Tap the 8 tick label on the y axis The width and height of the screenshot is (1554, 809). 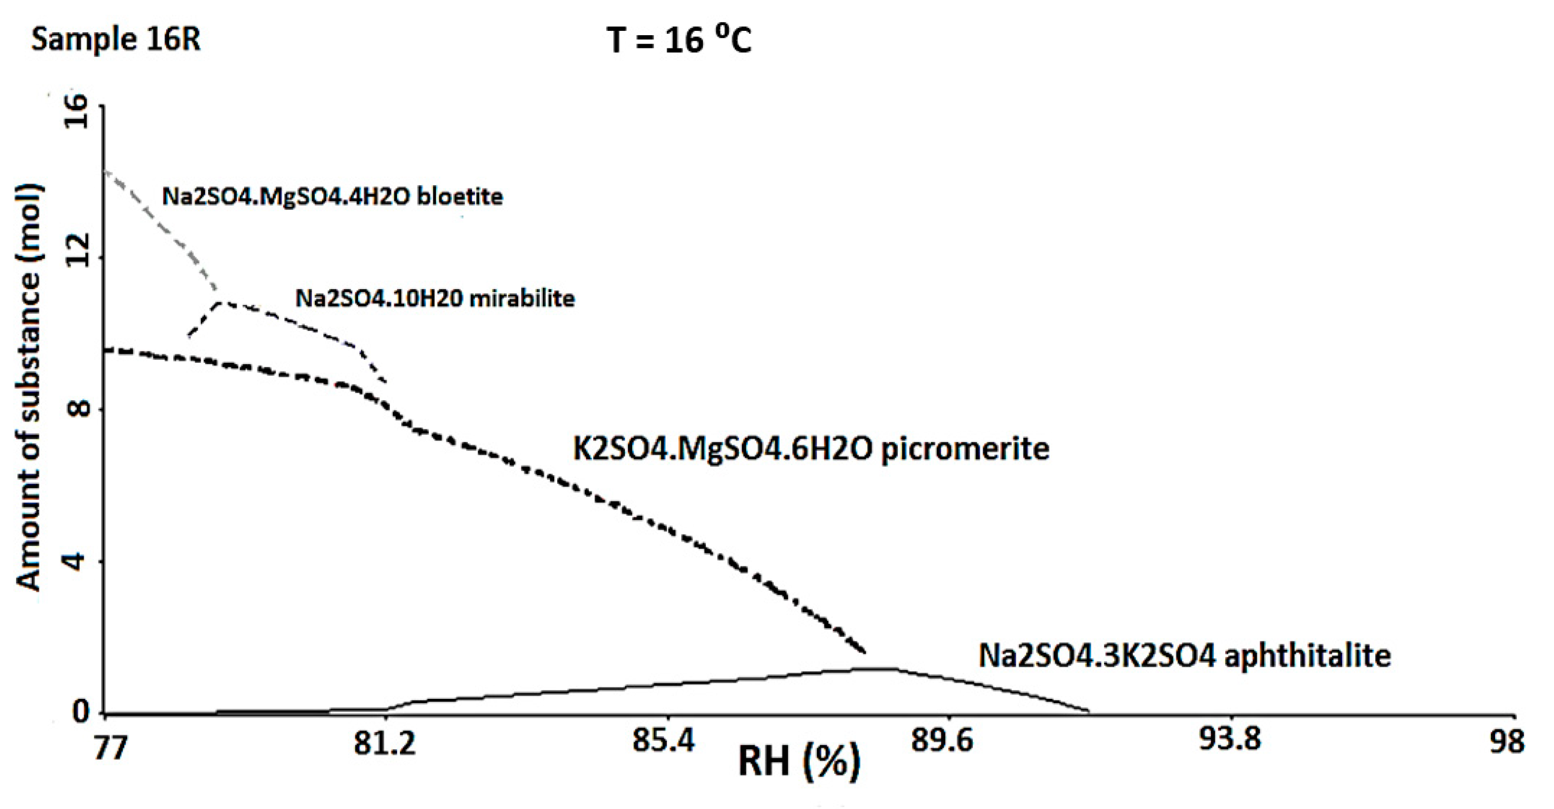coord(77,409)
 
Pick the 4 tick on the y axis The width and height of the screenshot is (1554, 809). coord(77,562)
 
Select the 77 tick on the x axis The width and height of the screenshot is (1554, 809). coord(110,746)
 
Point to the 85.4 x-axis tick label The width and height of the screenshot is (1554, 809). coord(663,742)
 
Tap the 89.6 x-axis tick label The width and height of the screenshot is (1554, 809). coord(942,742)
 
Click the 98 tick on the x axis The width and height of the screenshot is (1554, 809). coord(1507,743)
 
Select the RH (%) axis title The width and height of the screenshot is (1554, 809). coord(799,762)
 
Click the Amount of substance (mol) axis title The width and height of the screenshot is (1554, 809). coord(29,386)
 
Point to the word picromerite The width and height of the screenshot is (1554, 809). coord(965,449)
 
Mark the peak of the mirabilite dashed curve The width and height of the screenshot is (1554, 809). coord(219,302)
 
